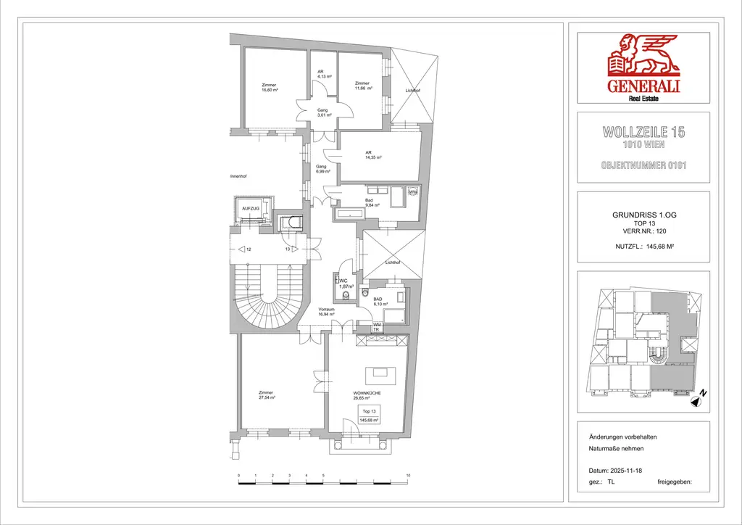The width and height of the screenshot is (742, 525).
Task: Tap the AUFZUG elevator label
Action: point(250,208)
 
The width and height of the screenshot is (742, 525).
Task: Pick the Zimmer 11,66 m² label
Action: point(363,86)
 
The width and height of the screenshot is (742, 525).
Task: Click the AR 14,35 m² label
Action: point(373,154)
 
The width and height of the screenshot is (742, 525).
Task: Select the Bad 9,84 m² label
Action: point(370,202)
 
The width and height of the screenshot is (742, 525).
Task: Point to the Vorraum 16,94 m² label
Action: point(326,312)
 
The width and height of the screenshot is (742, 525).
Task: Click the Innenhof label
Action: point(239,176)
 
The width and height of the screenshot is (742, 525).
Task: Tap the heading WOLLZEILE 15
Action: point(643,133)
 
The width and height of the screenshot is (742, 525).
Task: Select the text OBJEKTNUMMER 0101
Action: point(643,165)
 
